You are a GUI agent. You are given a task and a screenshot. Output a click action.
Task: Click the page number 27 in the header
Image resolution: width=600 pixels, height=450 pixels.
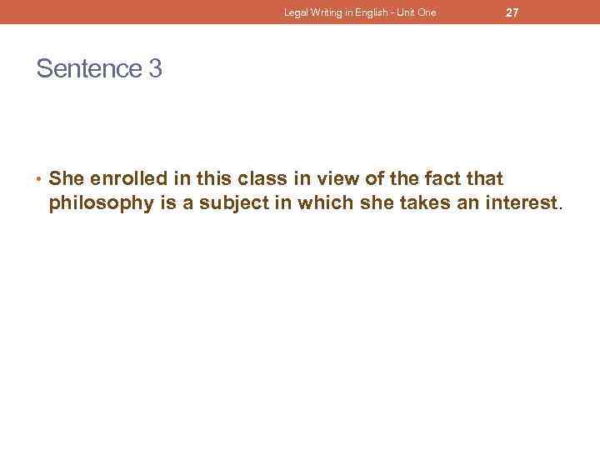[512, 12]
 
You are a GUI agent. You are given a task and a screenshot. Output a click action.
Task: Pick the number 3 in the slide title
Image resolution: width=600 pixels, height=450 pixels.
[155, 69]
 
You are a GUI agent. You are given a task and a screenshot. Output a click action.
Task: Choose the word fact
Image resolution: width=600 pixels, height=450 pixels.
[443, 179]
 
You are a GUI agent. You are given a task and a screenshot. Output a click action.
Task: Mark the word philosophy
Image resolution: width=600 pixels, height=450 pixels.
[98, 202]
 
